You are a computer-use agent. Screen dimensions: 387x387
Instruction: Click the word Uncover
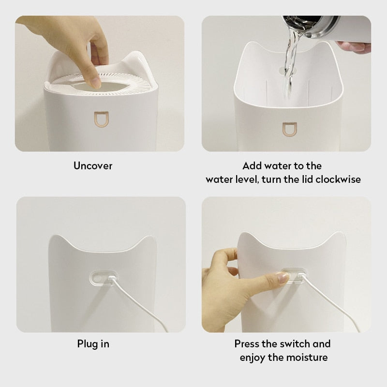pyautogui.click(x=93, y=166)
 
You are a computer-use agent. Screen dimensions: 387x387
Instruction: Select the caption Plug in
pyautogui.click(x=93, y=344)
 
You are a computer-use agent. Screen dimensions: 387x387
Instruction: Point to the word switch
pyautogui.click(x=295, y=344)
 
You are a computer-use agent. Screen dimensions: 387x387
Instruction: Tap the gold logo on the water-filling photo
pyautogui.click(x=287, y=129)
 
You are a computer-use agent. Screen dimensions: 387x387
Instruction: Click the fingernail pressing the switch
pyautogui.click(x=283, y=277)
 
